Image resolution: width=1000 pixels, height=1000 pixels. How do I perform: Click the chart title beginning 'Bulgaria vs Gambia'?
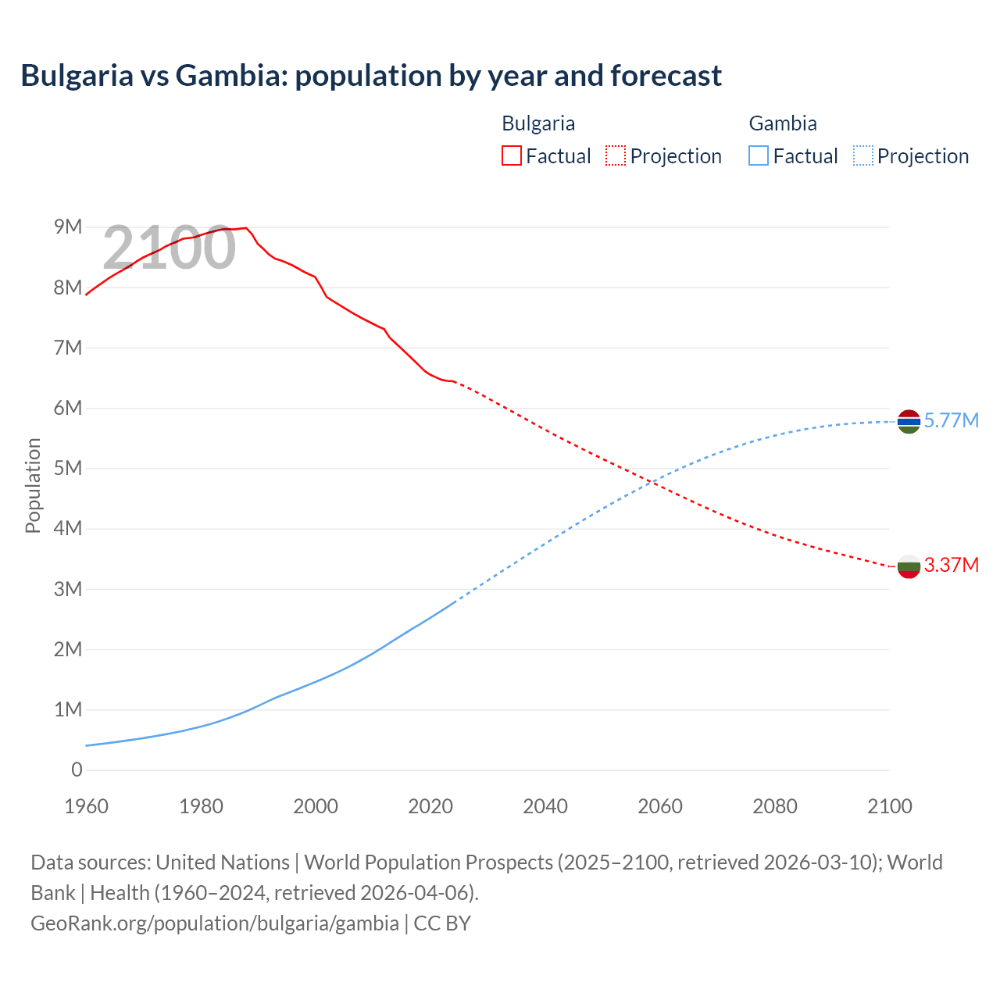click(x=371, y=76)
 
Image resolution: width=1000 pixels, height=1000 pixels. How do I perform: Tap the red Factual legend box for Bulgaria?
click(x=511, y=155)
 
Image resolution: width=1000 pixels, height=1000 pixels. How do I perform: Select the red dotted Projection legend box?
click(x=616, y=155)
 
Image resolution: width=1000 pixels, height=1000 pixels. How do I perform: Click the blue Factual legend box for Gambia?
click(x=759, y=155)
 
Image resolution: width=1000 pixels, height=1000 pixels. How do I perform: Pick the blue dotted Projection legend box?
click(x=863, y=155)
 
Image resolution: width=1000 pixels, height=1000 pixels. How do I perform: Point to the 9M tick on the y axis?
click(x=68, y=227)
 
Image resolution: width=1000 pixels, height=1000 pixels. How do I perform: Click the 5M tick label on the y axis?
click(x=68, y=468)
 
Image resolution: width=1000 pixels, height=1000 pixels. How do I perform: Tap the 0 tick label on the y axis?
click(x=77, y=770)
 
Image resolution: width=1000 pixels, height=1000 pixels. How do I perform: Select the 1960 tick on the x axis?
click(x=86, y=806)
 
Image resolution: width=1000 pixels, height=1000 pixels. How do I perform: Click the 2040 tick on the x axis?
click(x=545, y=806)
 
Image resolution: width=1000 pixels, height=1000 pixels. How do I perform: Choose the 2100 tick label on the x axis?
click(x=889, y=806)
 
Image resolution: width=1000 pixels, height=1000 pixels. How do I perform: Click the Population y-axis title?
click(x=33, y=485)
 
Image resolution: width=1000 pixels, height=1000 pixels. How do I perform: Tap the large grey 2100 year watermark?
click(x=169, y=248)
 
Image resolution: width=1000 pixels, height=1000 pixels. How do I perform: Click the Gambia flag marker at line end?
click(x=909, y=421)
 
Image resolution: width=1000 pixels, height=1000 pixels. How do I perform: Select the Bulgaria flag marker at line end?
click(x=909, y=566)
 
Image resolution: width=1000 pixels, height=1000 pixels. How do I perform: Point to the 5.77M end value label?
click(x=951, y=420)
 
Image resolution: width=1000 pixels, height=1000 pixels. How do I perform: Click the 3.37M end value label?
click(x=951, y=565)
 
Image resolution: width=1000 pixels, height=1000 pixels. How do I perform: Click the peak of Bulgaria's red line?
click(x=246, y=228)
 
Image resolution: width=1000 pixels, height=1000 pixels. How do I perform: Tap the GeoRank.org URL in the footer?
click(x=215, y=923)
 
